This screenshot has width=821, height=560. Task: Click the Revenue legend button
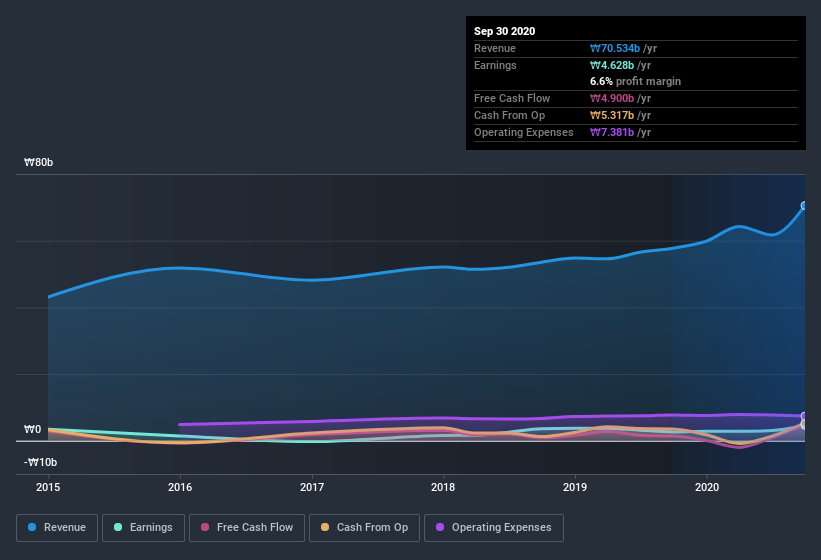(57, 527)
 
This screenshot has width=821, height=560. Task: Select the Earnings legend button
(143, 527)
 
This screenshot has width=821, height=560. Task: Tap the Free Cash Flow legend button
(247, 527)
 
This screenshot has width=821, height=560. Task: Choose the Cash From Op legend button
(363, 527)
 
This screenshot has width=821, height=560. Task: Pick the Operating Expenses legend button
(494, 527)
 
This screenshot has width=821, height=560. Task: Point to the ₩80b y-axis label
(41, 162)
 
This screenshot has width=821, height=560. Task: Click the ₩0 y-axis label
(34, 430)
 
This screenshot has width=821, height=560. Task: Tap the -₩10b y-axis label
(41, 462)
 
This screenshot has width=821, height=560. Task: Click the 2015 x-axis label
(48, 488)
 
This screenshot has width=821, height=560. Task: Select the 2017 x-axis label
(312, 488)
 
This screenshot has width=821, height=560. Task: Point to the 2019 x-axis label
(575, 488)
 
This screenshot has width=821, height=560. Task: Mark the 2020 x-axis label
(707, 488)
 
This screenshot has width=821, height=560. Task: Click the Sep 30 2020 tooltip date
(505, 31)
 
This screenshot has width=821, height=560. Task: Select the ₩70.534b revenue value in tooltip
(622, 48)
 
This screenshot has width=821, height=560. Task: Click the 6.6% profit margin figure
(604, 81)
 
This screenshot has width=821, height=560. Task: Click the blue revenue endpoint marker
(804, 206)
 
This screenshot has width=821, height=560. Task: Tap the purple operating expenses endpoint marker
(804, 416)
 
